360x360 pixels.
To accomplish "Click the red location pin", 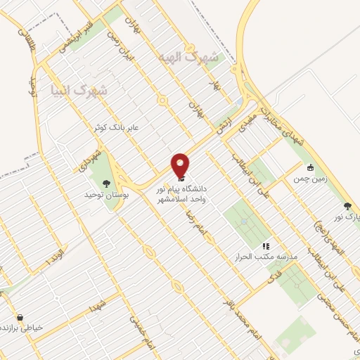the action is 180,165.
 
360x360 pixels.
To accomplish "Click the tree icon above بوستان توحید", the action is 106,183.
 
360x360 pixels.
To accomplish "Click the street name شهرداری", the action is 101,146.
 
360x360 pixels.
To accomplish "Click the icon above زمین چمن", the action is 310,167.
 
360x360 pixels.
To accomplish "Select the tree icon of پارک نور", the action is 347,206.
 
